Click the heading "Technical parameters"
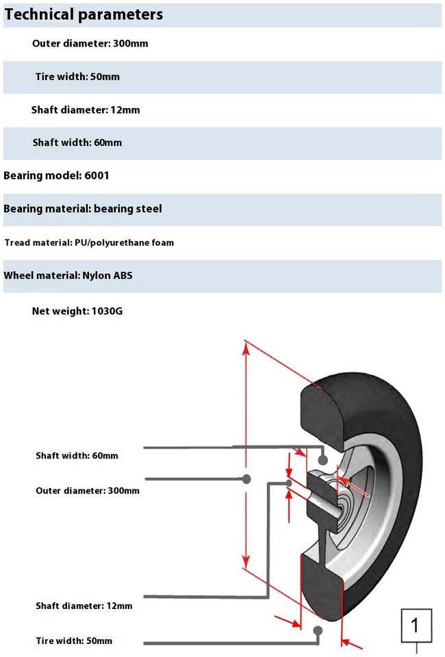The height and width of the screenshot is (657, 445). tap(84, 14)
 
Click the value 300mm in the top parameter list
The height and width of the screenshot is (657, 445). tap(130, 43)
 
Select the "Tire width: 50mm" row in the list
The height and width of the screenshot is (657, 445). tap(77, 77)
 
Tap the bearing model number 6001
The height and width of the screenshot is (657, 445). tap(97, 175)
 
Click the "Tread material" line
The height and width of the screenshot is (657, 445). tap(89, 242)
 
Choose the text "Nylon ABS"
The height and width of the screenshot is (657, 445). tap(107, 275)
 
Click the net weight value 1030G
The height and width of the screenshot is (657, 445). tap(107, 311)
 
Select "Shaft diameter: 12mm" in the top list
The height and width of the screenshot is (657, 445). tap(86, 109)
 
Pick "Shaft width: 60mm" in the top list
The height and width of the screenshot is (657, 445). tap(77, 142)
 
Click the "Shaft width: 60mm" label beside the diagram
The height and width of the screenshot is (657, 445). tap(77, 456)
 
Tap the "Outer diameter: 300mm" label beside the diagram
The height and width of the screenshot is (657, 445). tap(88, 491)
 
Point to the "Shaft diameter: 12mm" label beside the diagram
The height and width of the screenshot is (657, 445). tap(84, 606)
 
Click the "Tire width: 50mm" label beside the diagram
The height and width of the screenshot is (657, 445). tap(74, 641)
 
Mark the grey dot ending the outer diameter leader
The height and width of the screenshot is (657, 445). tap(246, 478)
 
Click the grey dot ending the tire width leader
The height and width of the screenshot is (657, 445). tap(318, 630)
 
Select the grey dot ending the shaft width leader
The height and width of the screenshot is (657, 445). tap(322, 460)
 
